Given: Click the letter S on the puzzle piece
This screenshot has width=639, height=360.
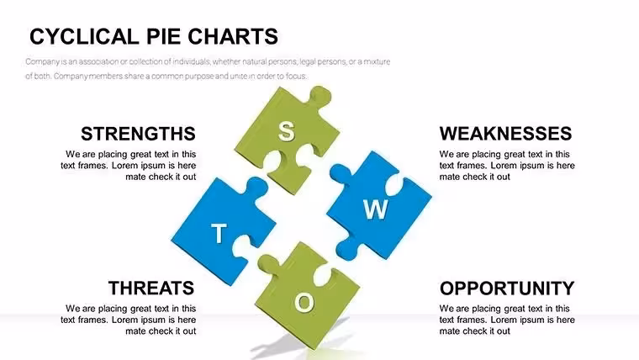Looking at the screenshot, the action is tap(286, 131).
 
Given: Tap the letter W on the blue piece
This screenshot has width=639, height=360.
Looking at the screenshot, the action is tap(375, 209).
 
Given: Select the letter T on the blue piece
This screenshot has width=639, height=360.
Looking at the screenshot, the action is tap(219, 234).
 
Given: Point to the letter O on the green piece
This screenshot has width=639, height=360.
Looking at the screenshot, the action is tap(304, 303).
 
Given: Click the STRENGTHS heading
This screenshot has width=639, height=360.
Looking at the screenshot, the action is tap(138, 134).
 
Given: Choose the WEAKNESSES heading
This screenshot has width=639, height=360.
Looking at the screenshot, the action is tap(505, 134).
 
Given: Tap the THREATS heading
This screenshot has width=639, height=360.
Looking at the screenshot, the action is tap(151, 288).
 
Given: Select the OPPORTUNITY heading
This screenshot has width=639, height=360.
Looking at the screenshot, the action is tap(507, 288).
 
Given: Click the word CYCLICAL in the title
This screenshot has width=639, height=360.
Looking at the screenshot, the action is tap(84, 36).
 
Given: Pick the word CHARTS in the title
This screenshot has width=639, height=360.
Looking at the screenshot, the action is tap(233, 36).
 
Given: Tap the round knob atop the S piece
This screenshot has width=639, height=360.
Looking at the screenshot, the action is tap(320, 95).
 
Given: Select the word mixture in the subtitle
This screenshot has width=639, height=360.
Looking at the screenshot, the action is tap(377, 61).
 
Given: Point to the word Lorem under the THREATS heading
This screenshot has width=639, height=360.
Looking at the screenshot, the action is tap(124, 320).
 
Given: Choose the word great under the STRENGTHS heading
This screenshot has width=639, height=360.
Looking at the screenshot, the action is tap(142, 155).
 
